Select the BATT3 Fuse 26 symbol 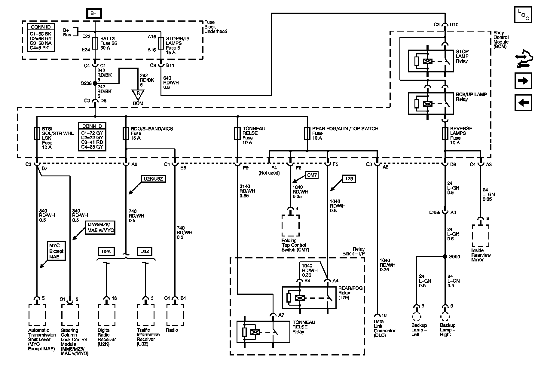95,43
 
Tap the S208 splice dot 95,83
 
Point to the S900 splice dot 445,257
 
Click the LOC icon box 523,15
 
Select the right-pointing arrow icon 523,81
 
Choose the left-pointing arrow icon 523,103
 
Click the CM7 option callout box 312,175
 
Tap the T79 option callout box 349,179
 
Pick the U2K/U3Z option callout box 153,179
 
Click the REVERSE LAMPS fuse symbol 445,133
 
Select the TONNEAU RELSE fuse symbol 237,133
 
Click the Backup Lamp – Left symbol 417,317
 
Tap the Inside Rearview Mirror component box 481,236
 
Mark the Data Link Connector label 384,328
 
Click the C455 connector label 435,212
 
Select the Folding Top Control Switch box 290,226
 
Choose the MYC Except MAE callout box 57,251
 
